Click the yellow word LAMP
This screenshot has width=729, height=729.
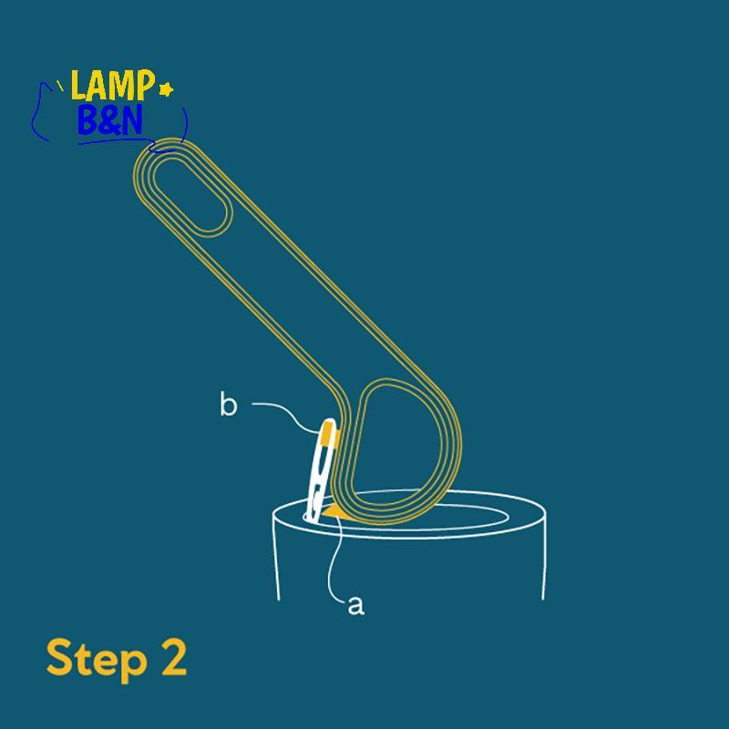coord(111,85)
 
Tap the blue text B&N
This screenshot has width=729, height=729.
coord(109,120)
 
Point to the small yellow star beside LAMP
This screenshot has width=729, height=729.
coord(166,88)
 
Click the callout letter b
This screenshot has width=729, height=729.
coord(229,404)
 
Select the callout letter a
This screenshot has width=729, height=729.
coord(356,605)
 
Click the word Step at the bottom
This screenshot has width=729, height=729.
coord(97,659)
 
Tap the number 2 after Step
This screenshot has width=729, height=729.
coord(174,656)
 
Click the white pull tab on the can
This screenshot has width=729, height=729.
coord(321,471)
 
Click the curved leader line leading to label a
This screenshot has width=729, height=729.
coord(334,558)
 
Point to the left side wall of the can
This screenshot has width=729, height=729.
coord(275,557)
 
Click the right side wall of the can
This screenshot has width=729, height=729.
coord(544,557)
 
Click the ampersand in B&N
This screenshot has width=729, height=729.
coord(109,121)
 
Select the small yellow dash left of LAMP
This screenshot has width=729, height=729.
coord(60,85)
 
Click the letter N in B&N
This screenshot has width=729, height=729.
coord(131,120)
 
